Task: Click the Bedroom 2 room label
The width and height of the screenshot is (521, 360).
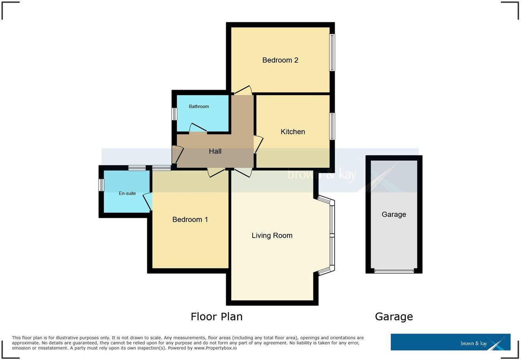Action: pos(280,60)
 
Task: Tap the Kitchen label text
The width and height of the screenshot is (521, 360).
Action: pos(292,132)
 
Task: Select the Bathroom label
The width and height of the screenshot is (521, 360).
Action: pos(199,107)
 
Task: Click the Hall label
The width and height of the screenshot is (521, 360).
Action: pos(215,151)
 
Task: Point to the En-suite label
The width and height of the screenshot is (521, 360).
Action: pos(127,193)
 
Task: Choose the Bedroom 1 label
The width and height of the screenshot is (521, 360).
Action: pos(190,219)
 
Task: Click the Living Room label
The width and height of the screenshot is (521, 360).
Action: pos(272,236)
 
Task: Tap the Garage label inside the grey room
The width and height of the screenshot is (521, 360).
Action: pos(394,214)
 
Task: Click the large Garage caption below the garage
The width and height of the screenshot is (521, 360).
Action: pos(394,317)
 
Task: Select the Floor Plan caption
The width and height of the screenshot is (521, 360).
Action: pos(216,317)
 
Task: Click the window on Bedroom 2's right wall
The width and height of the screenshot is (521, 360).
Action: pos(333,52)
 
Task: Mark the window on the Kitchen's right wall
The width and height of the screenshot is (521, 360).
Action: pos(333,126)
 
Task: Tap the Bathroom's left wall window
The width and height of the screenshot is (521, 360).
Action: pos(174,114)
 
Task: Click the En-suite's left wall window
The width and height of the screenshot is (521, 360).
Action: pos(101,185)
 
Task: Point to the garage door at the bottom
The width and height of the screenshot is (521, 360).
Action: pos(394,271)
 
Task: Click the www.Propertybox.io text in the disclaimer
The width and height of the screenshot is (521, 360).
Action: pos(216,348)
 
